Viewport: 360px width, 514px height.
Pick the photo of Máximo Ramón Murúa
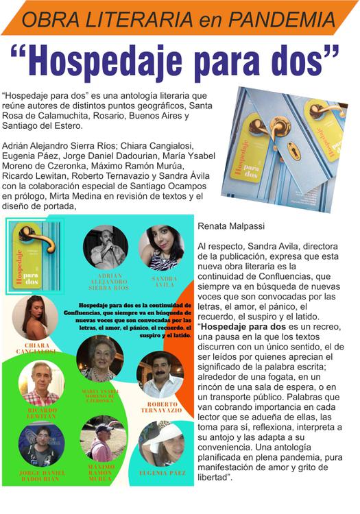point(102,437)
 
